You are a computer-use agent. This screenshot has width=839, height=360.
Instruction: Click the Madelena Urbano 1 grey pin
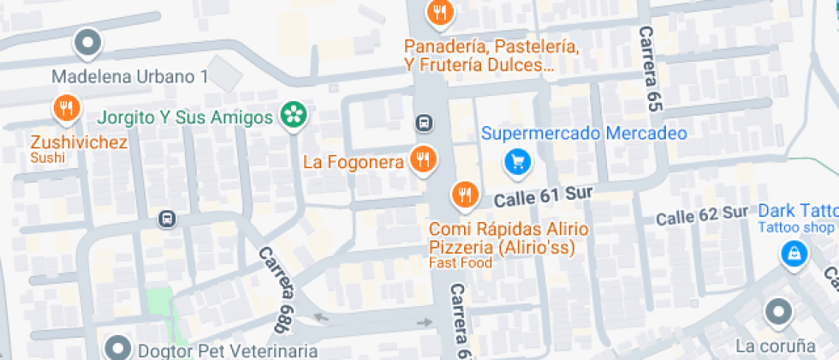pyautogui.click(x=88, y=41)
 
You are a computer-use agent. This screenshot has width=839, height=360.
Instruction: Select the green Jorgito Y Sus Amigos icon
pyautogui.click(x=293, y=115)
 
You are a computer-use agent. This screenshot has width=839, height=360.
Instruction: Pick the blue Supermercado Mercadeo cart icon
pyautogui.click(x=516, y=160)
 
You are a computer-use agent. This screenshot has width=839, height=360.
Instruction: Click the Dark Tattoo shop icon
pyautogui.click(x=794, y=253)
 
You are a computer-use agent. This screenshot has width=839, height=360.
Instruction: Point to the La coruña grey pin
pyautogui.click(x=777, y=313)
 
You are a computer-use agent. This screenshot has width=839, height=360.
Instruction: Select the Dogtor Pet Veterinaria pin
pyautogui.click(x=117, y=347)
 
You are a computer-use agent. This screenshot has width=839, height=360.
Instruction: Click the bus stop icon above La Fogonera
pyautogui.click(x=424, y=123)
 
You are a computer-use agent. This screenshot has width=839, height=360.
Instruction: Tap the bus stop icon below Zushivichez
pyautogui.click(x=167, y=219)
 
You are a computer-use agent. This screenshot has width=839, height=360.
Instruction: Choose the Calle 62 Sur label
pyautogui.click(x=701, y=214)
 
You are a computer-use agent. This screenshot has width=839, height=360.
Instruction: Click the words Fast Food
pyautogui.click(x=461, y=263)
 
